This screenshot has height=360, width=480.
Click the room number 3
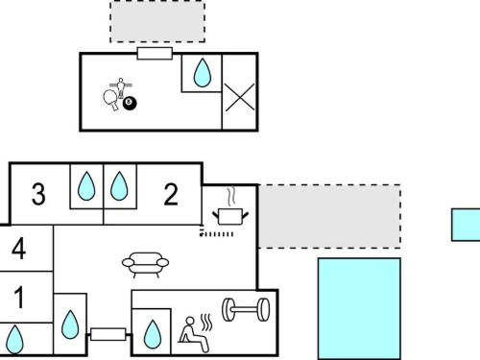point(38,194)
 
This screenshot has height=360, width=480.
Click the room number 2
point(171,194)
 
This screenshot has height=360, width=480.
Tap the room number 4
point(18,249)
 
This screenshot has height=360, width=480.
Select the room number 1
point(19,298)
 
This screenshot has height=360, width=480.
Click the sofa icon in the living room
point(145,264)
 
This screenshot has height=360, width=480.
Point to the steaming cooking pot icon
point(230,207)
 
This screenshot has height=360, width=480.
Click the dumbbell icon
point(246,309)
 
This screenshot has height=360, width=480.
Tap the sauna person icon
point(195,333)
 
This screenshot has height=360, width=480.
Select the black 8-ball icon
point(130,103)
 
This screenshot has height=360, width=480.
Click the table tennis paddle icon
point(110,99)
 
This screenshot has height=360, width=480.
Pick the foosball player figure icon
point(121,87)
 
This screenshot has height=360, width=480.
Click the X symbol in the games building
point(240,98)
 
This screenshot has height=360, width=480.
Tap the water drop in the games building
point(203,73)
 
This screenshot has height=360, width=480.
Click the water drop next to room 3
point(86,186)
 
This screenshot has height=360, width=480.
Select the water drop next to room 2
point(119,186)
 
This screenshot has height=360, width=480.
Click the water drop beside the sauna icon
point(153,334)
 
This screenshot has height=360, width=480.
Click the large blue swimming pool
point(359,309)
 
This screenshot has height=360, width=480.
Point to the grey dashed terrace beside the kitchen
point(329,216)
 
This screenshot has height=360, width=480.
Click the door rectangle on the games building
point(155,54)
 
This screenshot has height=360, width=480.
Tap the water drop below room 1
point(14,339)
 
